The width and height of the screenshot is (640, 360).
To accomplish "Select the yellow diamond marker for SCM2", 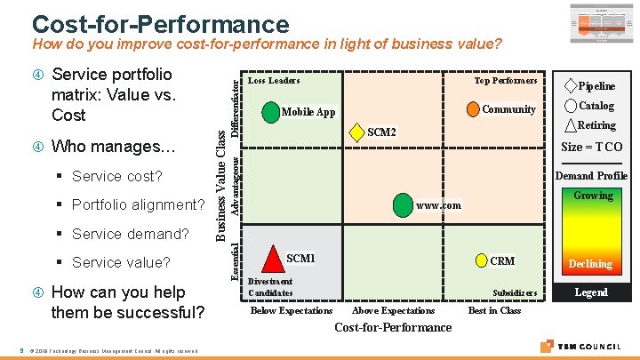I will (x=356, y=132).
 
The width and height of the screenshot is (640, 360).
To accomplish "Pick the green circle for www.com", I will (x=404, y=205).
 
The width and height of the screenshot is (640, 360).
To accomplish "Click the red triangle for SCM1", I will (x=274, y=260).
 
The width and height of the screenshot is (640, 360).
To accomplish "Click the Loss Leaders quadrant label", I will (x=274, y=81).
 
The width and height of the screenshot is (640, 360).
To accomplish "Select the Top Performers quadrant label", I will (x=505, y=81).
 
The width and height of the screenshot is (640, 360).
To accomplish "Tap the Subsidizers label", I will (x=515, y=292).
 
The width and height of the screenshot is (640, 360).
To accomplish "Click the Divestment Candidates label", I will (x=270, y=287).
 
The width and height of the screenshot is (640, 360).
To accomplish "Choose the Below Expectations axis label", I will (x=292, y=310).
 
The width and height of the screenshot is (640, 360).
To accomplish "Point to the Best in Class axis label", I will (x=494, y=310).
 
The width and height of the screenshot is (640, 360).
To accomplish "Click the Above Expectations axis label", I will (x=394, y=310).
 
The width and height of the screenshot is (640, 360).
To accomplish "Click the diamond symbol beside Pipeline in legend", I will (x=571, y=86).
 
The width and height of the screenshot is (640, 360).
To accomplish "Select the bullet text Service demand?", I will (x=131, y=234).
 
